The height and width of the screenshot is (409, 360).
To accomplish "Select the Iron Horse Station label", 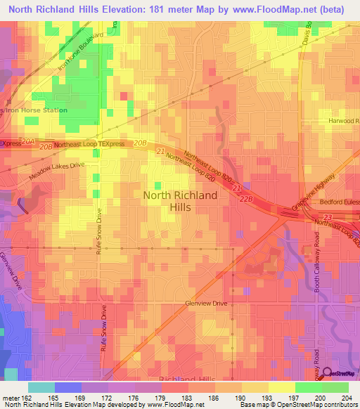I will click(37, 110).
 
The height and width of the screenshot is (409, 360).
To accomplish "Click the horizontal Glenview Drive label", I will click(206, 304).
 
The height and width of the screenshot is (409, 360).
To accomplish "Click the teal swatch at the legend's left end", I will click(41, 387).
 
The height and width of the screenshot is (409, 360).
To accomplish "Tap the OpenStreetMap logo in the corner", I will click(339, 373).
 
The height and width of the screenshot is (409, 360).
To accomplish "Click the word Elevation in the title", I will click(120, 9).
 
